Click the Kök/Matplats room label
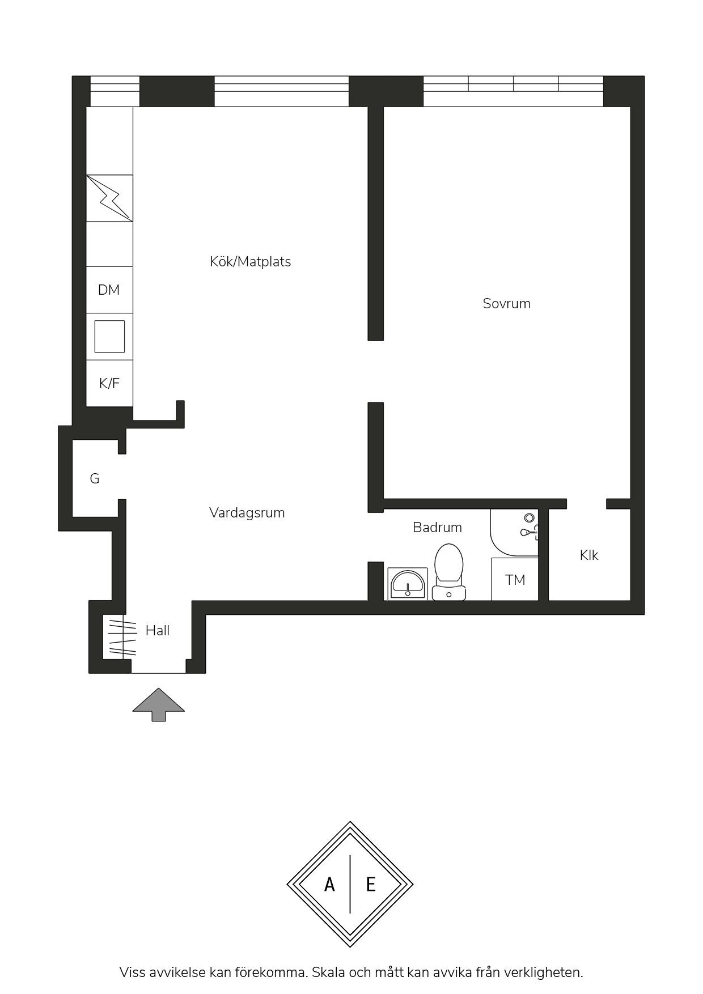click(x=250, y=262)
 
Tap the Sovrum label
click(x=506, y=304)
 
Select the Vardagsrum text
click(x=247, y=513)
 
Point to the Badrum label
click(x=437, y=528)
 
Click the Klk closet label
click(x=589, y=555)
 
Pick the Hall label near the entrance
click(x=158, y=631)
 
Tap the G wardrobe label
click(x=95, y=479)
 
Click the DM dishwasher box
click(x=109, y=290)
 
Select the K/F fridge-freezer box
click(x=109, y=384)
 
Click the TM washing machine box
click(x=515, y=579)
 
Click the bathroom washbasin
click(x=408, y=584)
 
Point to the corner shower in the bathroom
click(x=514, y=533)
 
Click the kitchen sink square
click(x=109, y=337)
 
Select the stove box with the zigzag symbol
click(x=109, y=198)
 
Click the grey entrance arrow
click(x=159, y=704)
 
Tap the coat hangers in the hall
click(x=123, y=639)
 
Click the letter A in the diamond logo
click(x=329, y=884)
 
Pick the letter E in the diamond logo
click(x=371, y=884)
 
